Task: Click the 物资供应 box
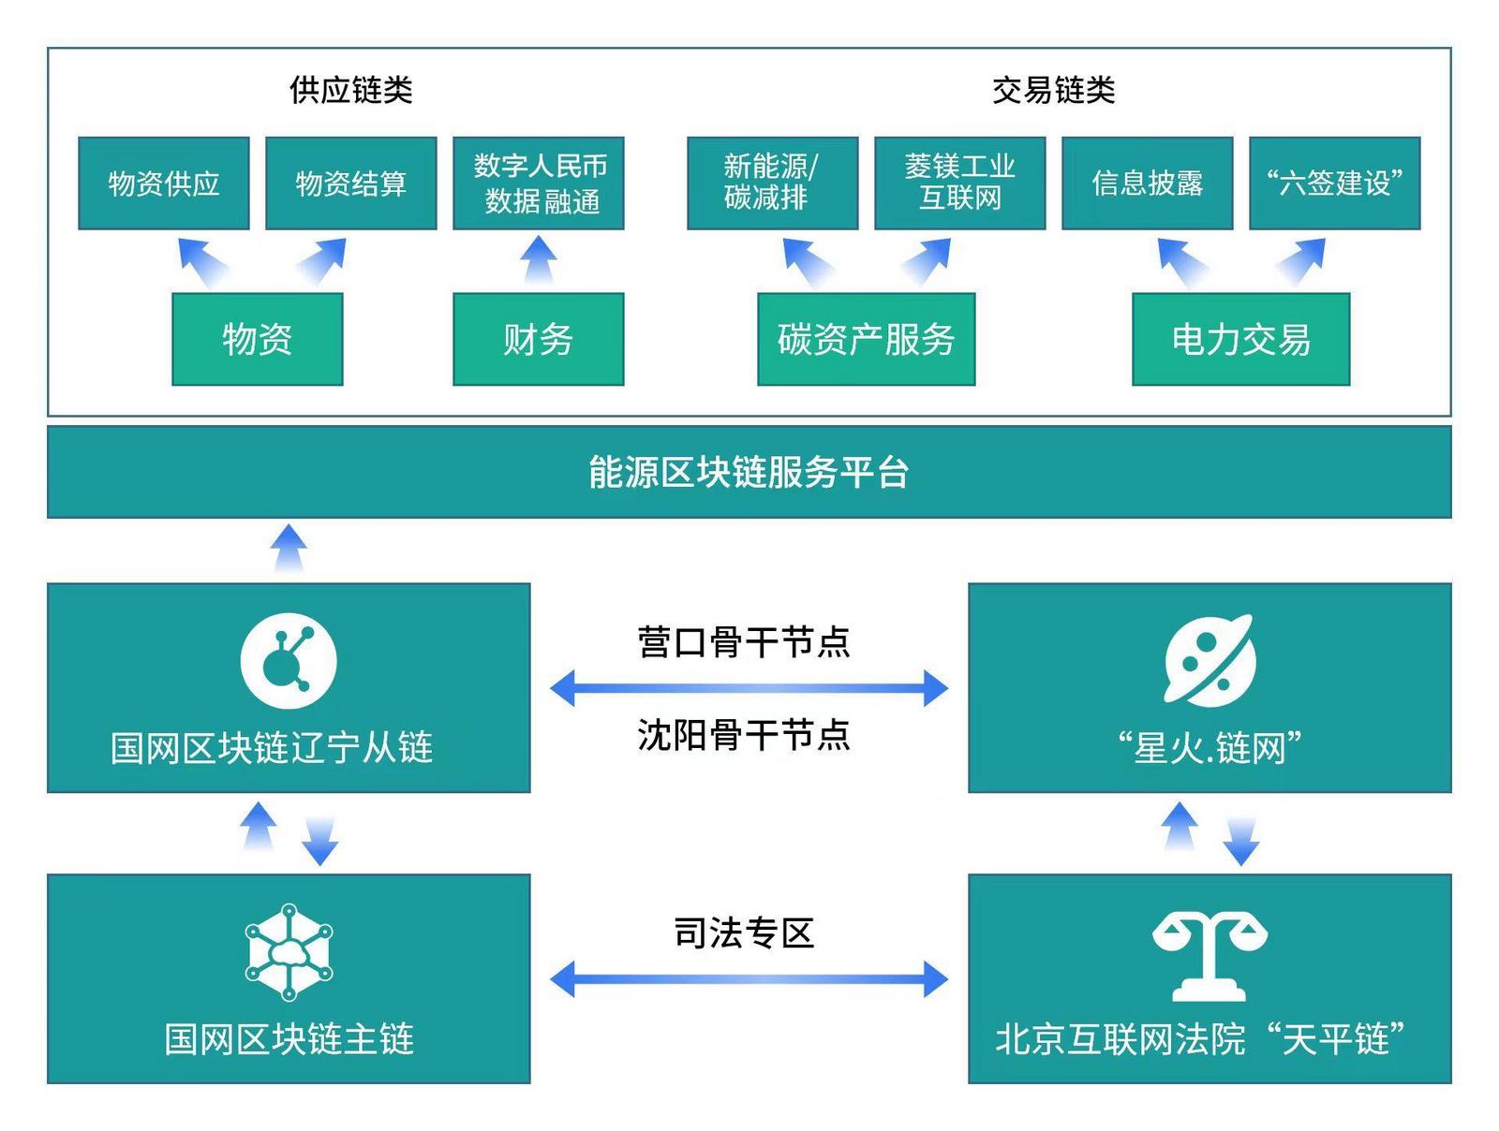[x=164, y=184]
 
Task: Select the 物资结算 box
[x=351, y=184]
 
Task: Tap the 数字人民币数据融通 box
[x=539, y=184]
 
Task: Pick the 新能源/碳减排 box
[x=772, y=184]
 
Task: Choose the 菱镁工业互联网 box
[x=959, y=184]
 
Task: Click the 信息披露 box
[x=1147, y=184]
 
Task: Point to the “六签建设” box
[x=1334, y=184]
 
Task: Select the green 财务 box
[x=539, y=339]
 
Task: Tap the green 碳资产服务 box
[x=866, y=339]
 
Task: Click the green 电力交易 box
[x=1240, y=339]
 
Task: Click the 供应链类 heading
[x=351, y=90]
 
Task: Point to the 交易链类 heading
[x=1053, y=90]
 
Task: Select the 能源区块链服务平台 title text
[x=749, y=472]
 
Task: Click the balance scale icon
[x=1210, y=955]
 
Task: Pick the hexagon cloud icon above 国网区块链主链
[x=289, y=951]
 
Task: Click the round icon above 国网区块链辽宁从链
[x=289, y=661]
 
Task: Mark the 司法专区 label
[x=744, y=933]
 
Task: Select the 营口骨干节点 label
[x=744, y=642]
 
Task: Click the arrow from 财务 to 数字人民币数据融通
[x=539, y=259]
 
